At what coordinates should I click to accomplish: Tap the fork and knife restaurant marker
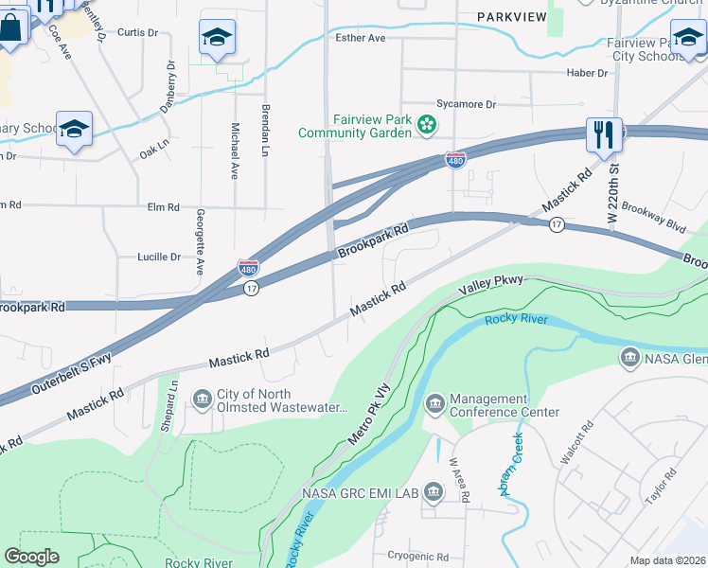[604, 133]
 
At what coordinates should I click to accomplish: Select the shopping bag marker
[10, 29]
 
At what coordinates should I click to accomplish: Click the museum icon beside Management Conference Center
[434, 404]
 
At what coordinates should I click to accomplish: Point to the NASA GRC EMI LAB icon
[434, 491]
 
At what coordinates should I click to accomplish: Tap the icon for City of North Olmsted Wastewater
[203, 399]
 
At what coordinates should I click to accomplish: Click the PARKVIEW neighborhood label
[512, 17]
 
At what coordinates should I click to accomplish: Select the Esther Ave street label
[361, 38]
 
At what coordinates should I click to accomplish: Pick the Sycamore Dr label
[466, 104]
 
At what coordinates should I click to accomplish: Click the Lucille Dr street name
[160, 257]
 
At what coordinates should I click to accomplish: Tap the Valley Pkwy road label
[490, 283]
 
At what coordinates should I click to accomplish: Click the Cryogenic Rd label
[417, 557]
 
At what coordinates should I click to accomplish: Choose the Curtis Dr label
[137, 32]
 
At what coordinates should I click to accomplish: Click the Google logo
[32, 557]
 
